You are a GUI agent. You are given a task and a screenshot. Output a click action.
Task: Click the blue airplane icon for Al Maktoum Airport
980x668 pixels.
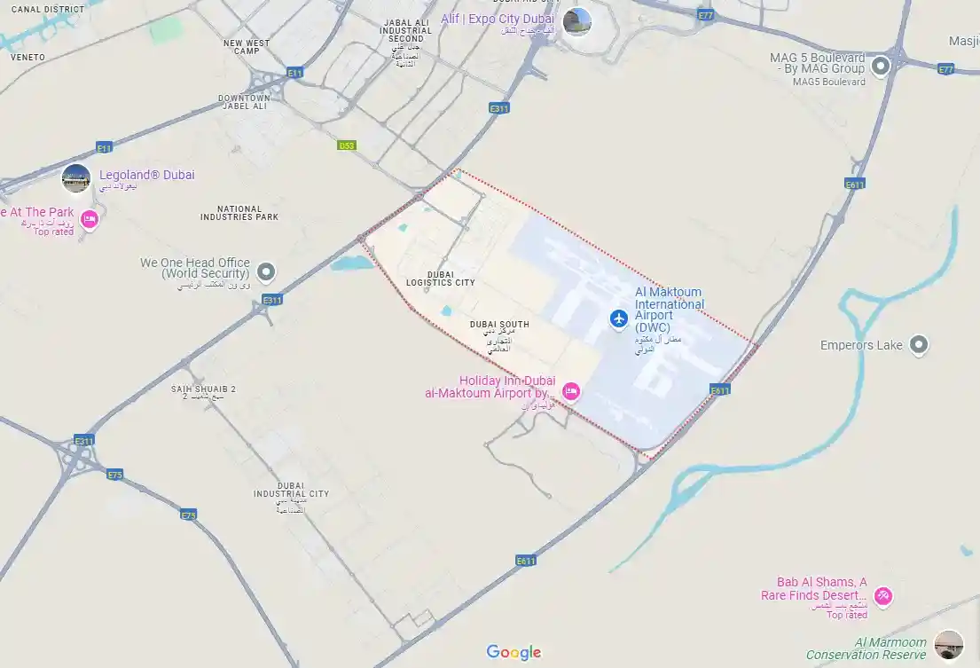[x=619, y=318]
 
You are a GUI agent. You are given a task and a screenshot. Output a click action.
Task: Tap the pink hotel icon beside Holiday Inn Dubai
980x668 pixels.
[x=571, y=391]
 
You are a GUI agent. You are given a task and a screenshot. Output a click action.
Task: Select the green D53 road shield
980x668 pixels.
[x=347, y=145]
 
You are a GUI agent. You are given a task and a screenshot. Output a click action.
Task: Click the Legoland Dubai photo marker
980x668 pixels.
[x=76, y=178]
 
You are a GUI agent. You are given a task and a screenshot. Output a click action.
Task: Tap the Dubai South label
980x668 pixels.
[x=499, y=325]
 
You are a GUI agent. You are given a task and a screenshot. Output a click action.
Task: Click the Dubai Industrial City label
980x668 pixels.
[x=291, y=490]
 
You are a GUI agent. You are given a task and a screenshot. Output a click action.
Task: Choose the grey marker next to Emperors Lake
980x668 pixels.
[x=919, y=345]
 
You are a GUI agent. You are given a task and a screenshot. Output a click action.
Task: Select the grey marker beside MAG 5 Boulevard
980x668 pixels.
[x=881, y=66]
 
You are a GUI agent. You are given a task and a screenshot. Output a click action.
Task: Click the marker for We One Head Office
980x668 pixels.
[x=265, y=271]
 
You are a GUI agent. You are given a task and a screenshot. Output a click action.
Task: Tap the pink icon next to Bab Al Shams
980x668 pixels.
[x=882, y=596]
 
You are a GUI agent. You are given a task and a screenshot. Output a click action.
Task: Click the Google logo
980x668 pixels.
[x=514, y=653]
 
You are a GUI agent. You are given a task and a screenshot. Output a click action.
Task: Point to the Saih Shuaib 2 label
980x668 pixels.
[x=203, y=389]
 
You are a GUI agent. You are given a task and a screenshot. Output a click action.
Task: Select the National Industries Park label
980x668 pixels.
[x=239, y=213]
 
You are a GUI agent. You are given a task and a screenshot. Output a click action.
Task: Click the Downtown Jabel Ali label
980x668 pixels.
[x=244, y=102]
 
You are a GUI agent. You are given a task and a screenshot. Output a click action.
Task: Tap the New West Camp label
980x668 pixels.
[x=247, y=46]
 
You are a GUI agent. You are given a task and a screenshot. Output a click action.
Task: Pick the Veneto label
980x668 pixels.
[x=27, y=57]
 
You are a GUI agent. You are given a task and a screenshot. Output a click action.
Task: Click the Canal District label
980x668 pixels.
[x=48, y=9]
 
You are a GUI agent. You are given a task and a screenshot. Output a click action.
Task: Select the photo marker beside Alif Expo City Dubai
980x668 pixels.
[x=576, y=21]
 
